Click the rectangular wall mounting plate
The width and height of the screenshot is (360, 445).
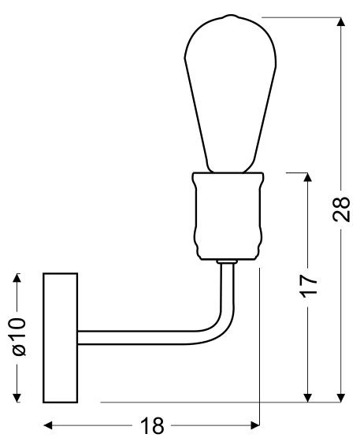[x=61, y=337]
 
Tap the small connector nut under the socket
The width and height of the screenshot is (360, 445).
[x=228, y=261]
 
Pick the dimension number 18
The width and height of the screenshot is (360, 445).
[x=151, y=426]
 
